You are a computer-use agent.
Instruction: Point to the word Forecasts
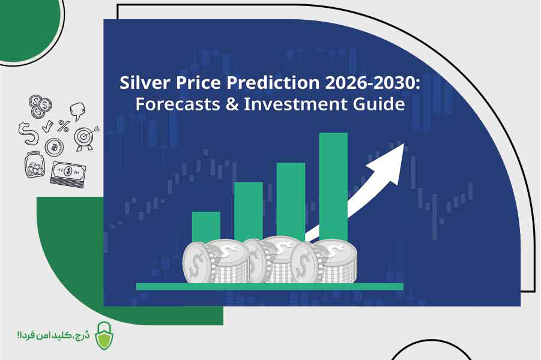178,104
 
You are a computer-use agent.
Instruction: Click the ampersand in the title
232,104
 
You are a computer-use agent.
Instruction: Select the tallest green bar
333,187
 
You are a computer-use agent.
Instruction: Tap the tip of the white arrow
403,144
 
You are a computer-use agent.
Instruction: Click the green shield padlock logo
104,336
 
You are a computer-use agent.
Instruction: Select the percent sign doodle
64,126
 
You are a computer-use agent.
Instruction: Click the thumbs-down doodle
77,111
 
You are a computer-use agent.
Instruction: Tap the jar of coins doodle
34,164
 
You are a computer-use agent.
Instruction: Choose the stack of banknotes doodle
68,174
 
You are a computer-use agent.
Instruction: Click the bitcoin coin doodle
54,147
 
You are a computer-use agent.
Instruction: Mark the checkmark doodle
47,127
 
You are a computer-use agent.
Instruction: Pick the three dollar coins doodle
40,106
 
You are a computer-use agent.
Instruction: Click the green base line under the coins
270,286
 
